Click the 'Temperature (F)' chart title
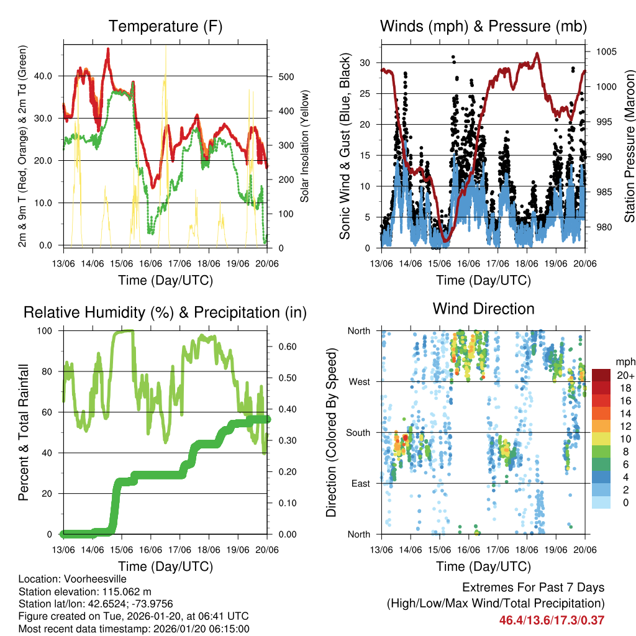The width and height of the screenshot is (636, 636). click(x=165, y=26)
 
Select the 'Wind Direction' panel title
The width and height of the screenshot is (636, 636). click(x=483, y=308)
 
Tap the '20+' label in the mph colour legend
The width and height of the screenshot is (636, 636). click(x=624, y=375)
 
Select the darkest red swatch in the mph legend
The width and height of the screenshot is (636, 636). click(x=601, y=375)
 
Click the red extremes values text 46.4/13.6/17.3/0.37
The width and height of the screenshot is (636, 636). click(x=552, y=620)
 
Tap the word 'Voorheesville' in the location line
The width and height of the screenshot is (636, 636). click(x=87, y=579)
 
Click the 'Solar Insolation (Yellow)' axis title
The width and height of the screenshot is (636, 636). click(x=304, y=146)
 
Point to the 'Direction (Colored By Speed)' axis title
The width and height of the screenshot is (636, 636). click(x=331, y=432)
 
